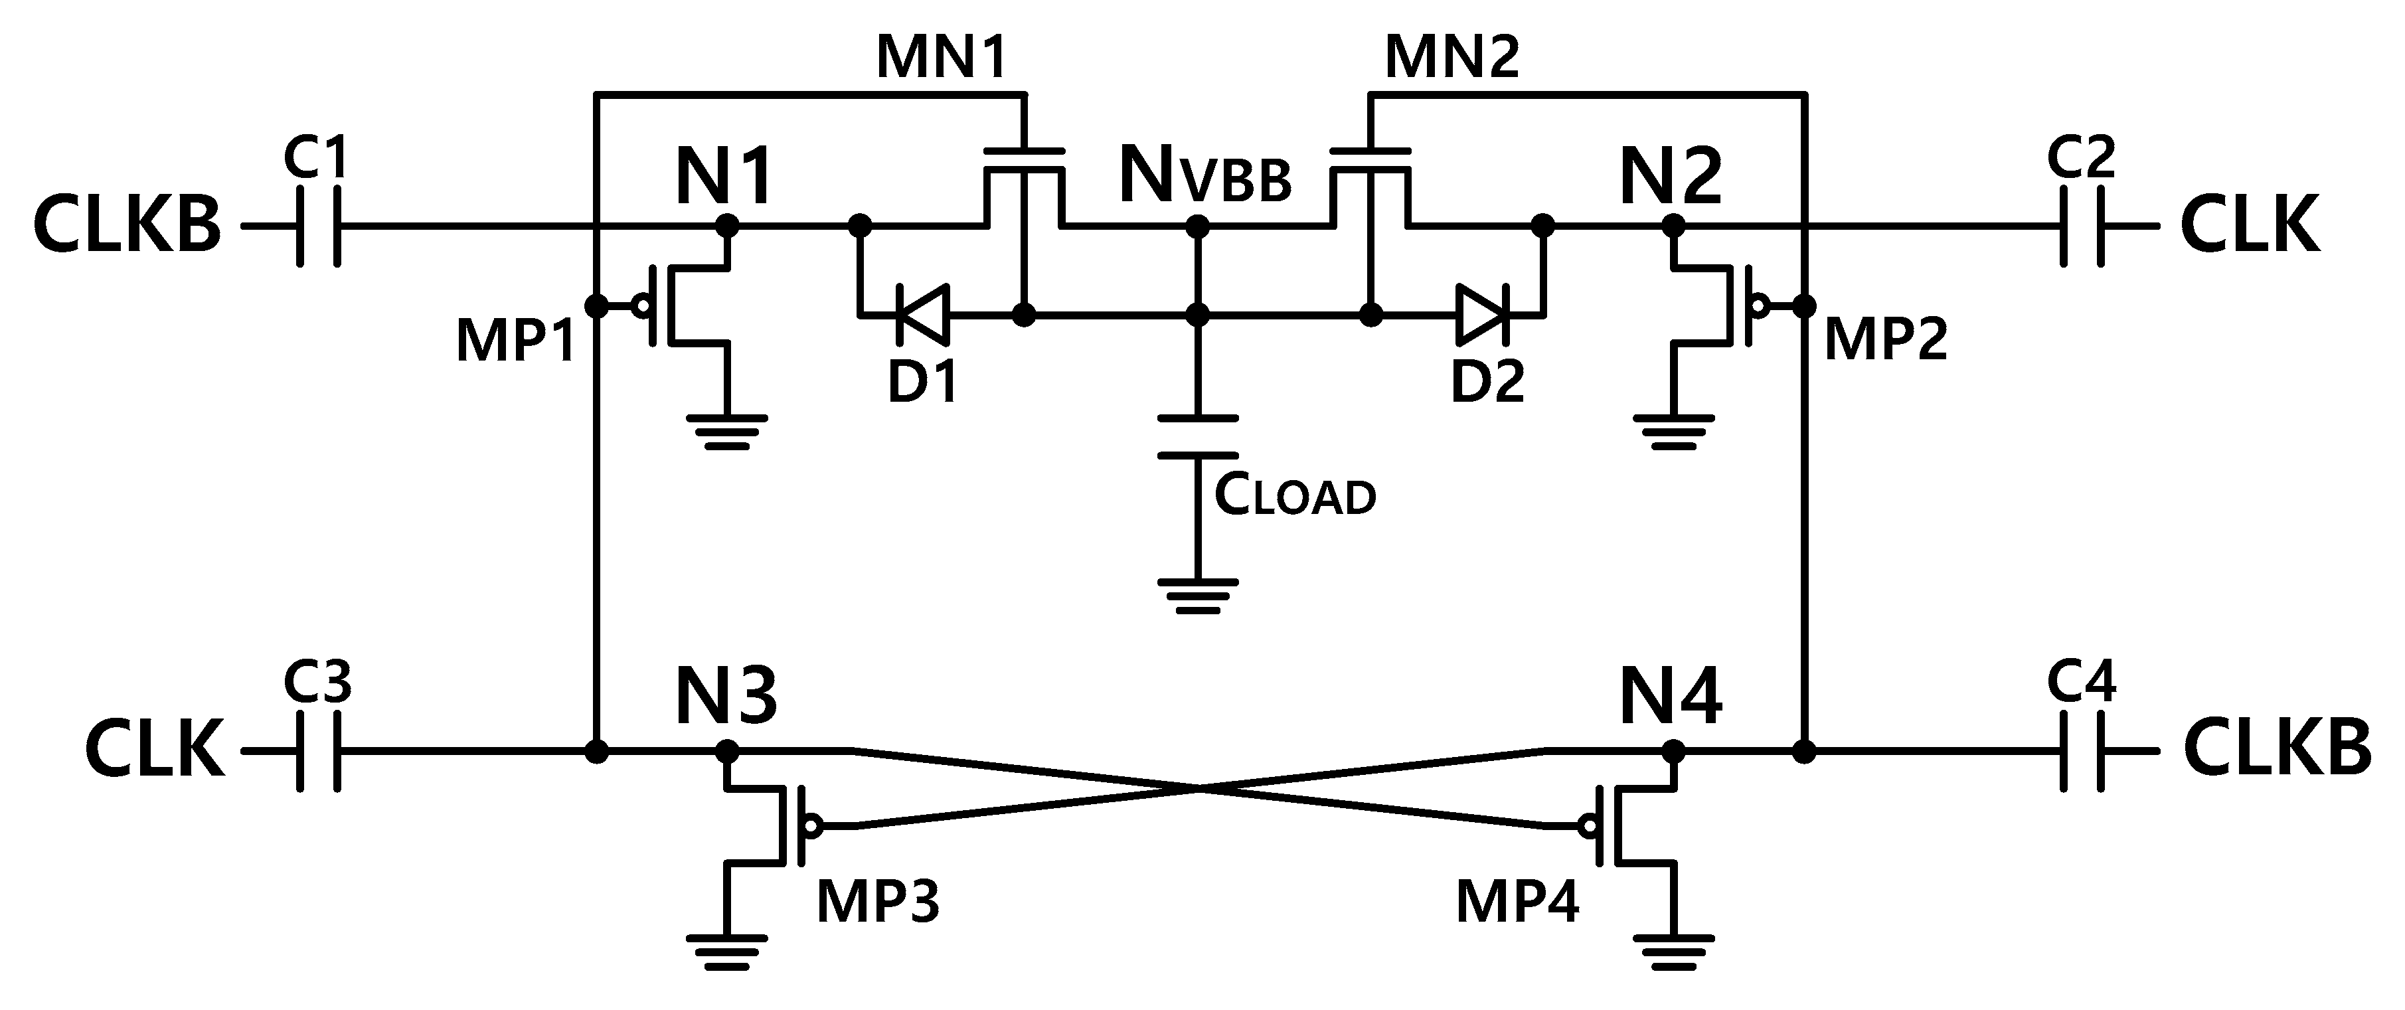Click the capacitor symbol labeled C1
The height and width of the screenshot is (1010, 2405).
(318, 226)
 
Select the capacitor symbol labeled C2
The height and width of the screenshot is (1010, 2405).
(2082, 226)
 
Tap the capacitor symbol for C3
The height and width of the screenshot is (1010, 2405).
(318, 752)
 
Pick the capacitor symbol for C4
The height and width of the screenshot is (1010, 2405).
(2082, 752)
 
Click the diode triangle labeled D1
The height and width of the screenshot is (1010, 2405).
(922, 315)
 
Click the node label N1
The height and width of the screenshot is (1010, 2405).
(724, 177)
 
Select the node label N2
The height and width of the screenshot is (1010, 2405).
(1671, 177)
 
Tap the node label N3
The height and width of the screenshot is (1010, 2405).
(726, 697)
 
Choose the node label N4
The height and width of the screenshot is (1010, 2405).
(1671, 697)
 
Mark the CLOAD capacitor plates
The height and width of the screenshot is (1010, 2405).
(1198, 437)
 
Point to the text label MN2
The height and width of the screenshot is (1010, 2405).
(1451, 58)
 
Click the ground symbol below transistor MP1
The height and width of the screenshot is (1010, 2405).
(727, 431)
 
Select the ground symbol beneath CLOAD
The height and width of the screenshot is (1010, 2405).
(1198, 596)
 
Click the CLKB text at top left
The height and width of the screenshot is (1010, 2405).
(128, 226)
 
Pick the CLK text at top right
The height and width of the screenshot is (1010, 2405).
(2250, 226)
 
